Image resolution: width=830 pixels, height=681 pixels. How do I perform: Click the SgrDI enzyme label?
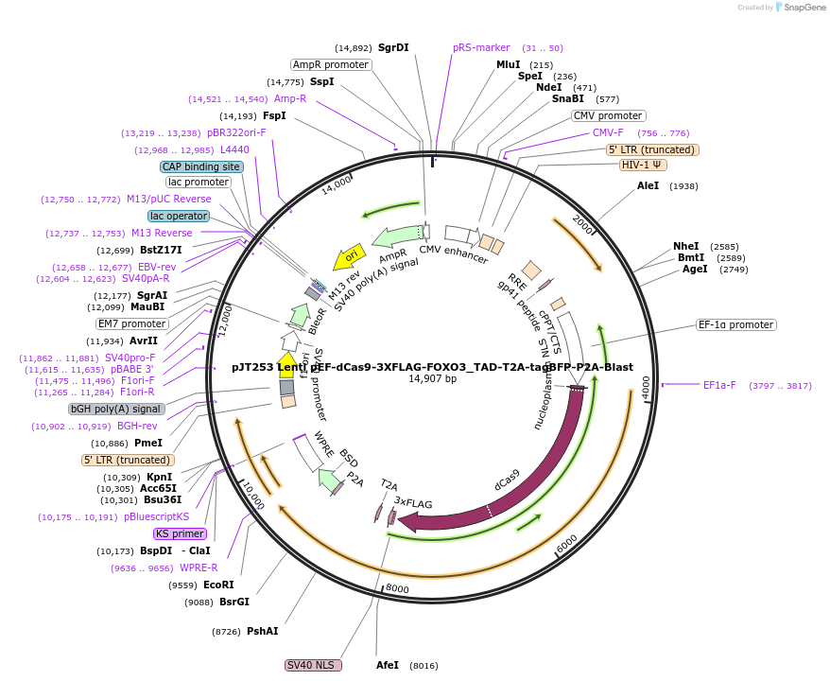pos(393,47)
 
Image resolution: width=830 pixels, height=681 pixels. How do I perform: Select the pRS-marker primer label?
pos(481,47)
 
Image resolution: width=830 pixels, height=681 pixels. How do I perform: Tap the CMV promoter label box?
pos(608,115)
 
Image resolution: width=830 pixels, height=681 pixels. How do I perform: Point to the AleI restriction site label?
pos(648,186)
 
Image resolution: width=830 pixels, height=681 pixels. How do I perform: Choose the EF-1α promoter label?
pos(735,324)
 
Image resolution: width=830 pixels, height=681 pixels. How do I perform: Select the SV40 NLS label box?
pos(313,665)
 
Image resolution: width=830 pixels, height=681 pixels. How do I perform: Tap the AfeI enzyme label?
pos(388,665)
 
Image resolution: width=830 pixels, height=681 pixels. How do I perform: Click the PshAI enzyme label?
pos(263,631)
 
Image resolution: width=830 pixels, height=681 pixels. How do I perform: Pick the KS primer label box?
pos(180,533)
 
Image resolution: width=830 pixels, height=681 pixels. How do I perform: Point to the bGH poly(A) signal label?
pos(116,409)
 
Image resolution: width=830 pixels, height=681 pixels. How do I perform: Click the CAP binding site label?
pos(201,166)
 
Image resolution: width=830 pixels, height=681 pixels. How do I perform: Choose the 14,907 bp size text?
pos(432,379)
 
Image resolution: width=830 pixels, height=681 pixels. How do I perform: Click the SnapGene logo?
pos(799,8)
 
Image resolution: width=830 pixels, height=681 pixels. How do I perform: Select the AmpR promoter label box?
pos(330,64)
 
